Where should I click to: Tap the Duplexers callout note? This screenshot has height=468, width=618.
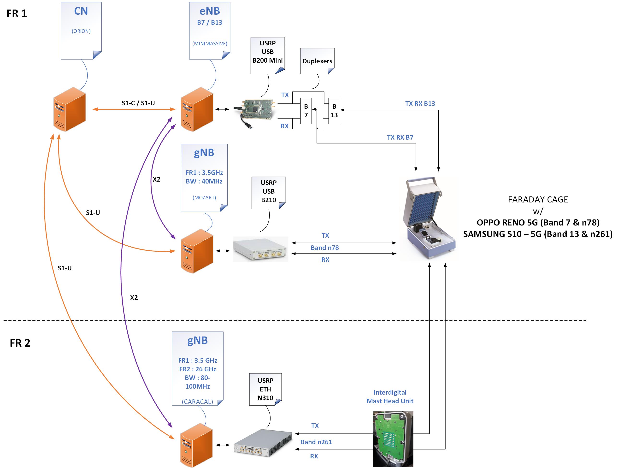point(317,61)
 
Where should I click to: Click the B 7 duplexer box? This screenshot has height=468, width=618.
point(306,111)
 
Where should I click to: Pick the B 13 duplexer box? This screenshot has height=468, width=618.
point(334,111)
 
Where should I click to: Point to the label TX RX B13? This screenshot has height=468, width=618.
point(420,104)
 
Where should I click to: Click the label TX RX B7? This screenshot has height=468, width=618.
point(400,137)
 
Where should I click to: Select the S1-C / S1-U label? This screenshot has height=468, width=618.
point(138,103)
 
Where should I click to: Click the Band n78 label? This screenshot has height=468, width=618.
point(325,248)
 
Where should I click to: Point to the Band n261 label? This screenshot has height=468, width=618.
point(316,442)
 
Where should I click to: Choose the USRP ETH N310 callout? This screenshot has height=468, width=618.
point(265,389)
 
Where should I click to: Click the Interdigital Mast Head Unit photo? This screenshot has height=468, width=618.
point(393,439)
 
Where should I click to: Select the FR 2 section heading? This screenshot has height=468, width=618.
point(20,343)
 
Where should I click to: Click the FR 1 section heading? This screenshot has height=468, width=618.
point(17,13)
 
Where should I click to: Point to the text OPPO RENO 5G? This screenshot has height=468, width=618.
point(508,223)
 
